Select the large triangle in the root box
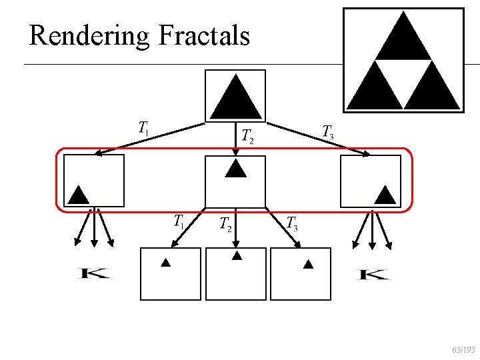coord(235,99)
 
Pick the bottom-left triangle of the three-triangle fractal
coord(374,87)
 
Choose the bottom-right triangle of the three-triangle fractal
coord(433,87)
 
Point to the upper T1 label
coord(144,127)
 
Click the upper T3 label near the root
coord(328,132)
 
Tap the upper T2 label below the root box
coord(247,136)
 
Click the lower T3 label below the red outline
coord(292,223)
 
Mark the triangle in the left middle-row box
coord(78,194)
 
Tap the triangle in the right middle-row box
coord(385,194)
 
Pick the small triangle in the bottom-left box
coord(166,263)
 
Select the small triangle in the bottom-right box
coord(308,265)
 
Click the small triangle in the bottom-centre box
coord(236,255)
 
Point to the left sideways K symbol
coord(95,273)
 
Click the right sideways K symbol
coord(373,273)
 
